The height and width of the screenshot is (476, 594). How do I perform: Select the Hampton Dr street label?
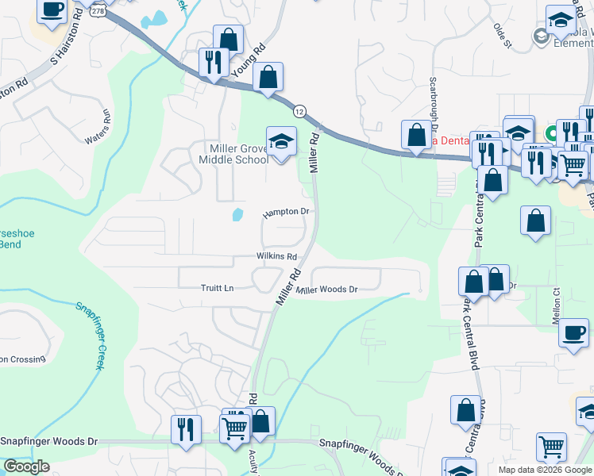pyautogui.click(x=285, y=213)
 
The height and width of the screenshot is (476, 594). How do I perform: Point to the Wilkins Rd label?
pyautogui.click(x=276, y=257)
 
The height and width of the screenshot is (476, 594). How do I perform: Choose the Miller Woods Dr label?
pyautogui.click(x=326, y=290)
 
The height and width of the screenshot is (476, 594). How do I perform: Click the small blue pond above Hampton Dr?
pyautogui.click(x=237, y=214)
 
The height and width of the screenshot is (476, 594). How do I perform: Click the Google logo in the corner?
pyautogui.click(x=26, y=466)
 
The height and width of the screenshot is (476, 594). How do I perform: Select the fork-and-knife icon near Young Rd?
pyautogui.click(x=214, y=63)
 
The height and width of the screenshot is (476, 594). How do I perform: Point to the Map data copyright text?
pyautogui.click(x=545, y=470)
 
